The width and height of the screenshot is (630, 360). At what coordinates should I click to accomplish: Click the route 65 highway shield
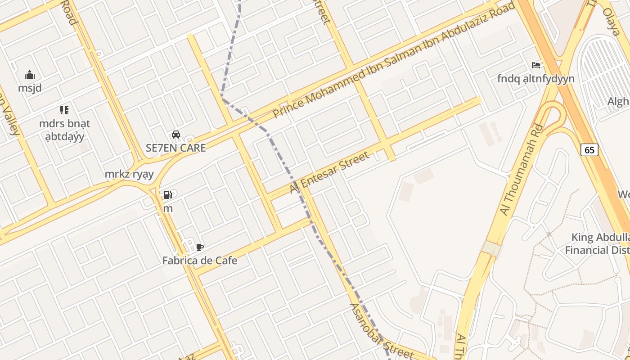click(x=589, y=150)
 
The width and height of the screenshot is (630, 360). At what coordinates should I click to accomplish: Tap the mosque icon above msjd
click(x=30, y=75)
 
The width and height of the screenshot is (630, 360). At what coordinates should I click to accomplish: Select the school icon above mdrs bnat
click(x=64, y=110)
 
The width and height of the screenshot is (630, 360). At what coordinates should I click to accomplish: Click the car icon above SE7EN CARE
click(x=176, y=135)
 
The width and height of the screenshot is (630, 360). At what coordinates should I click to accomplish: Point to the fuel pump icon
click(x=167, y=195)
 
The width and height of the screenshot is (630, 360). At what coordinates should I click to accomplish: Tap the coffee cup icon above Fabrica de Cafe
click(x=200, y=247)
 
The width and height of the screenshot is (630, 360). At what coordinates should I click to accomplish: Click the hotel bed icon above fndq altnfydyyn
click(x=535, y=65)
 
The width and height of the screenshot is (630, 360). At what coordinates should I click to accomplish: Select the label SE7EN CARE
click(x=176, y=148)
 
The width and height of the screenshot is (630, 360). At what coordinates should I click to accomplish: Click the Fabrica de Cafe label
click(x=200, y=260)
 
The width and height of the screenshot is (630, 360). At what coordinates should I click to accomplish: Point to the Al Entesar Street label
click(x=329, y=172)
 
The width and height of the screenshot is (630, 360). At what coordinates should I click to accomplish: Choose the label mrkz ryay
click(x=129, y=174)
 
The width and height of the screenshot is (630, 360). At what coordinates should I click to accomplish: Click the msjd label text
click(x=30, y=88)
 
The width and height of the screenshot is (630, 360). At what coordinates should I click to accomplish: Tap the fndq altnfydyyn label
click(x=535, y=79)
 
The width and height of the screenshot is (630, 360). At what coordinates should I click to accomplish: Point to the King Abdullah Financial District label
click(x=598, y=243)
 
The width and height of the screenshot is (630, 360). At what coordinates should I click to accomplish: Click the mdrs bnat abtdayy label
click(x=65, y=130)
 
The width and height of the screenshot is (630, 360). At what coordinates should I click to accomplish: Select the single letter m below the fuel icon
click(x=168, y=208)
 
